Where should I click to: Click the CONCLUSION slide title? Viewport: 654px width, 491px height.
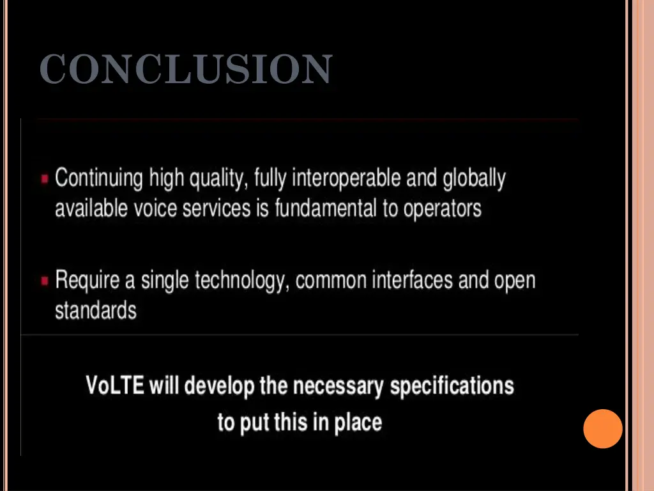coord(185,69)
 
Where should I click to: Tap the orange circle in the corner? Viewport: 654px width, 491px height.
coord(602,428)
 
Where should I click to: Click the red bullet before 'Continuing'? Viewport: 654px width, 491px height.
coord(45,180)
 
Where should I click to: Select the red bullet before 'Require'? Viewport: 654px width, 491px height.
coord(45,281)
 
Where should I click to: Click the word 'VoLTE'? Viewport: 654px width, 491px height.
coord(115,386)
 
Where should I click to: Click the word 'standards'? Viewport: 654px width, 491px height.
coord(96,311)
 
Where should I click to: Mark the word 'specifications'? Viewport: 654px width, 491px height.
coord(452,387)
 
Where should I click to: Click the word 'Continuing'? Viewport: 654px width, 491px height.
coord(98,178)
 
